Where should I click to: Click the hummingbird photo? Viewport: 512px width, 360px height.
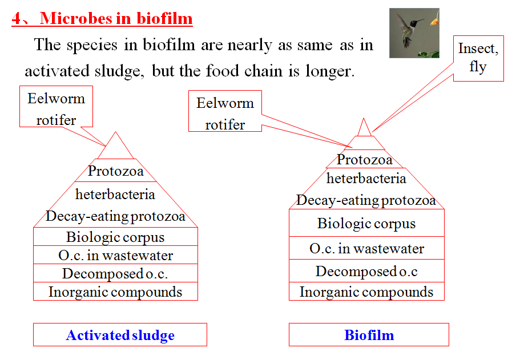(x=414, y=33)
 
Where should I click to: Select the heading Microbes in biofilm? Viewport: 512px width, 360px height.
(x=102, y=19)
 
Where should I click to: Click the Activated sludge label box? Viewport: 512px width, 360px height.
(x=120, y=335)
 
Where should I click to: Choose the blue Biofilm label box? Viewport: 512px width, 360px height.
(x=369, y=335)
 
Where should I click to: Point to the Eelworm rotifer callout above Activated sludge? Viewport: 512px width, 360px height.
(x=56, y=108)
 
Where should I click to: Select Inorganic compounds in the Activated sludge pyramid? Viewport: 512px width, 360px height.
(x=115, y=292)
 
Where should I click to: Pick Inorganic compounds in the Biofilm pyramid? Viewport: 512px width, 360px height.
(x=366, y=292)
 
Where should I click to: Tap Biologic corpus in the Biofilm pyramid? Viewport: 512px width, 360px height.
(x=366, y=224)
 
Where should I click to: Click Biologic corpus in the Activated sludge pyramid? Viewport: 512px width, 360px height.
(x=115, y=237)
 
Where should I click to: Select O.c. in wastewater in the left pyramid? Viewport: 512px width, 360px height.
(x=115, y=256)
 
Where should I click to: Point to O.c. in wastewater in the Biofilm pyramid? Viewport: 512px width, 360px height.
(x=366, y=249)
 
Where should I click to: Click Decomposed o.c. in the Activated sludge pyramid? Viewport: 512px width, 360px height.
(x=115, y=274)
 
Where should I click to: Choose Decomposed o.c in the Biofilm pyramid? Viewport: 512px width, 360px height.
(x=366, y=272)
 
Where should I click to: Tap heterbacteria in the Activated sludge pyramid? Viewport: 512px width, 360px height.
(x=115, y=195)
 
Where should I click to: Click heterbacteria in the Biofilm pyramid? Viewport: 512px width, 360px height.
(x=366, y=179)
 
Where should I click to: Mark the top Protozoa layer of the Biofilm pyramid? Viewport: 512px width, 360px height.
(x=365, y=160)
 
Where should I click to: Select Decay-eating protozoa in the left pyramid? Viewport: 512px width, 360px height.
(x=115, y=217)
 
